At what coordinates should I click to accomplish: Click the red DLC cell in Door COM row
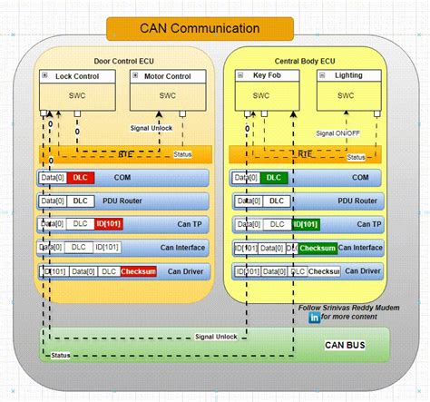[83, 179]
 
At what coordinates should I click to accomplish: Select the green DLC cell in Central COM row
[275, 179]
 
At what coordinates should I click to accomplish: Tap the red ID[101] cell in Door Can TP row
[107, 223]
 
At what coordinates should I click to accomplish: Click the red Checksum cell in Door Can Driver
[138, 270]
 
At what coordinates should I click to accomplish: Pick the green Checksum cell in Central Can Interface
[318, 247]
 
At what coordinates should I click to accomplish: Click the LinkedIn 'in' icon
[315, 319]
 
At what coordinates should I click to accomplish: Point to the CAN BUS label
[351, 345]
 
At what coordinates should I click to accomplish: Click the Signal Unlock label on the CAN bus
[216, 337]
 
